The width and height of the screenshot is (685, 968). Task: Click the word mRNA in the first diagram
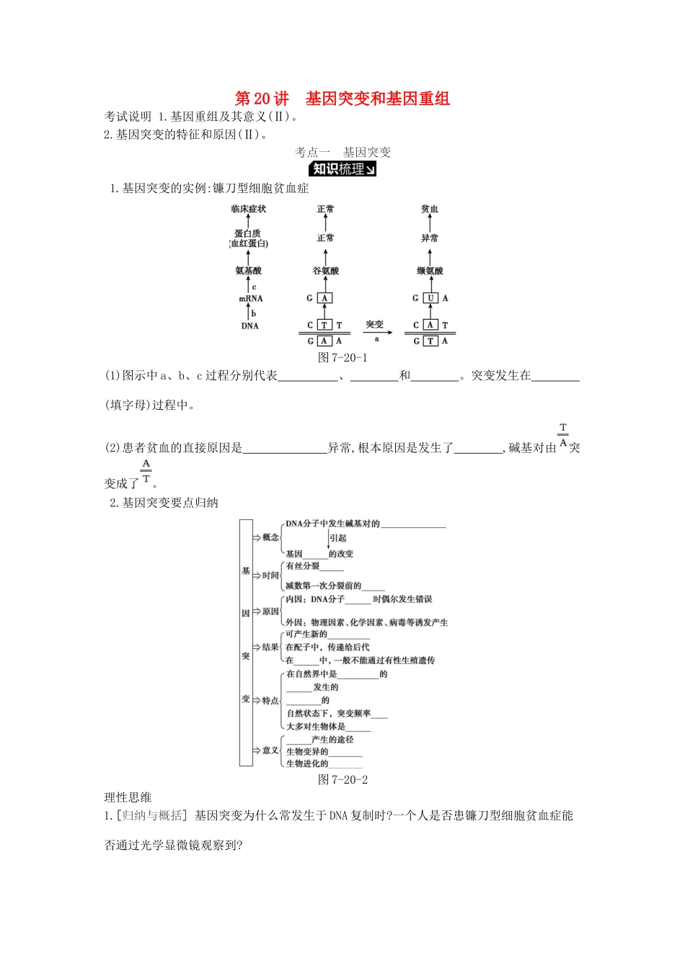coord(250,299)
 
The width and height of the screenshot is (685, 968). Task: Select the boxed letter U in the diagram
coord(430,298)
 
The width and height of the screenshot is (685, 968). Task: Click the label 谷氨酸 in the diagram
coord(325,271)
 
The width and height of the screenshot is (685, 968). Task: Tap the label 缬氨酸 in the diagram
coord(430,271)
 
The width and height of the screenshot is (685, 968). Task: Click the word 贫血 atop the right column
coord(430,209)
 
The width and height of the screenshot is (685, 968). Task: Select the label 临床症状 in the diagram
coord(249,209)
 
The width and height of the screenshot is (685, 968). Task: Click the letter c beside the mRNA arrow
coord(254,287)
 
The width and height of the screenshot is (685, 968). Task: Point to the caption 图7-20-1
coord(342,358)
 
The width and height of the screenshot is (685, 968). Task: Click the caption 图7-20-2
coord(342,779)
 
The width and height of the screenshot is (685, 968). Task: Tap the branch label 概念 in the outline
coord(270,537)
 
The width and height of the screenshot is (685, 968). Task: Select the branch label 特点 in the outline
coord(270,701)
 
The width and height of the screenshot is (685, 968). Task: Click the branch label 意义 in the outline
coord(270,750)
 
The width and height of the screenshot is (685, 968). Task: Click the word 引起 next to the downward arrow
coord(338,538)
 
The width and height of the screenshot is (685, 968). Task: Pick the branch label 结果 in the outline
coord(270,647)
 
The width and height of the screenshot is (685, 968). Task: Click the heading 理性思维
coord(128,797)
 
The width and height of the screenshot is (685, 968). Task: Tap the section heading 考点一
coord(312,152)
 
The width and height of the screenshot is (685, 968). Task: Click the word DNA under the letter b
coord(249,326)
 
